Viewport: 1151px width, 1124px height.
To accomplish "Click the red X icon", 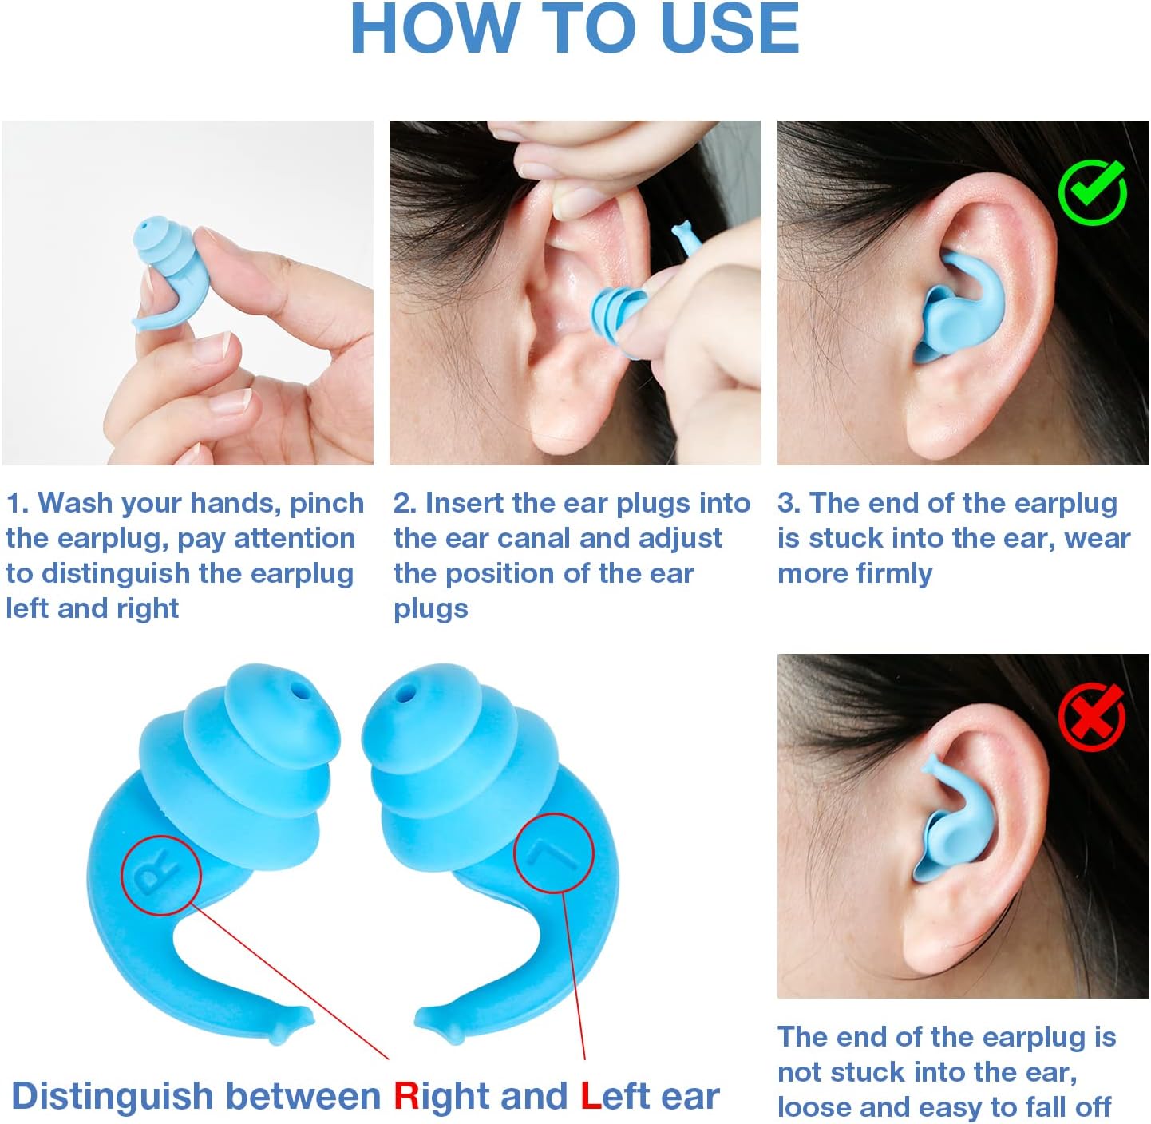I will (x=1092, y=716).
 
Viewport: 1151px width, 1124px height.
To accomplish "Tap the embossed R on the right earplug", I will (x=156, y=875).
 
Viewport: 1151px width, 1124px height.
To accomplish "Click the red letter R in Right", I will (x=406, y=1096).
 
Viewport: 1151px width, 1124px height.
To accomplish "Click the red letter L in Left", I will (x=591, y=1096).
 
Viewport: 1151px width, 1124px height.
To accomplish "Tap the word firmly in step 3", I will (x=892, y=573).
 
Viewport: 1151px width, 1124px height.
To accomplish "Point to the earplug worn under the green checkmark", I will (x=958, y=307).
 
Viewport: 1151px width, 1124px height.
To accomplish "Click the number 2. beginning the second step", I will (x=405, y=503).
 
